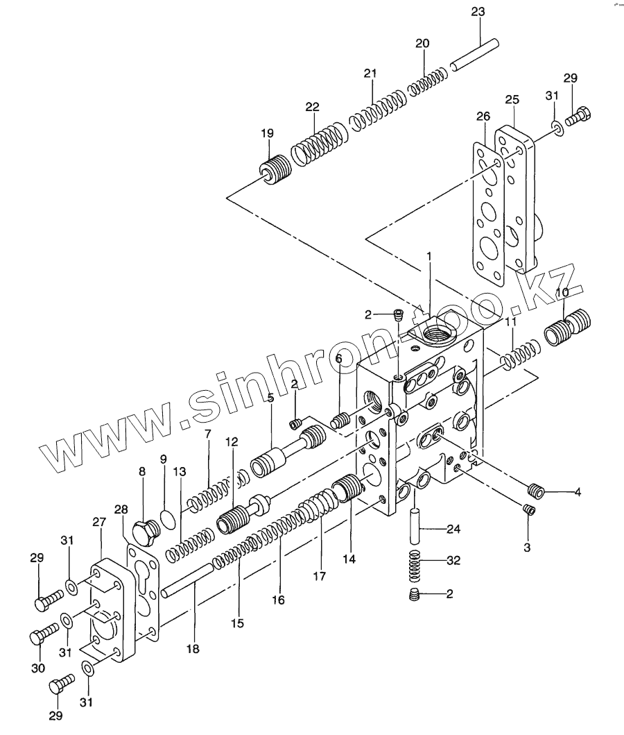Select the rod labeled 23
pos(474,56)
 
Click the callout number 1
pos(429,257)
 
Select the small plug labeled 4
pos(534,490)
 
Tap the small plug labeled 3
pos(528,511)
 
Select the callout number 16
pos(278,600)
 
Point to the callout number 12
pos(231,441)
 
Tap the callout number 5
pos(270,398)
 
